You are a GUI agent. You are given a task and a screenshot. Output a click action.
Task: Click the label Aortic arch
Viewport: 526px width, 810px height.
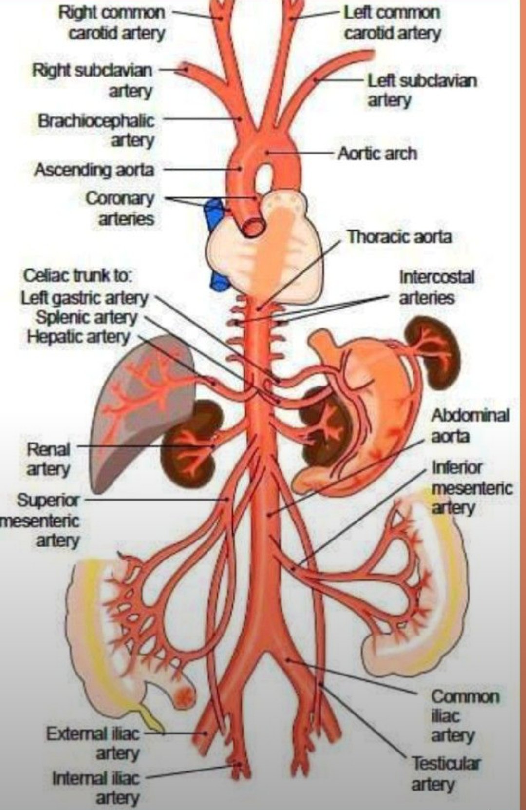377,154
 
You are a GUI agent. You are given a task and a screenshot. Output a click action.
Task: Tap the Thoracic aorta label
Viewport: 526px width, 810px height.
399,237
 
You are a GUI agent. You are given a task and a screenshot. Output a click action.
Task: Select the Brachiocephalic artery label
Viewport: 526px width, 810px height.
96,130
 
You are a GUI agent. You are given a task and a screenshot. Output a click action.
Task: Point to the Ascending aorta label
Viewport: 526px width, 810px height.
94,170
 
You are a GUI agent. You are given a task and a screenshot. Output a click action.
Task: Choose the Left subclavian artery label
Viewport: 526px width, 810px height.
422,90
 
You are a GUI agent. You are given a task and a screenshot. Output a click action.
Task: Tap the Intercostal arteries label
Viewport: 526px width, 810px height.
437,288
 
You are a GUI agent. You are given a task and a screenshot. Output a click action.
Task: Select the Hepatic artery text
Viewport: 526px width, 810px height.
78,337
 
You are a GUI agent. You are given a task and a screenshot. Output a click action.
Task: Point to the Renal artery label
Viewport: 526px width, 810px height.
48,459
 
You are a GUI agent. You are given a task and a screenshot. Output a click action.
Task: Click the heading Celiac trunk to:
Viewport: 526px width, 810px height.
76,277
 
